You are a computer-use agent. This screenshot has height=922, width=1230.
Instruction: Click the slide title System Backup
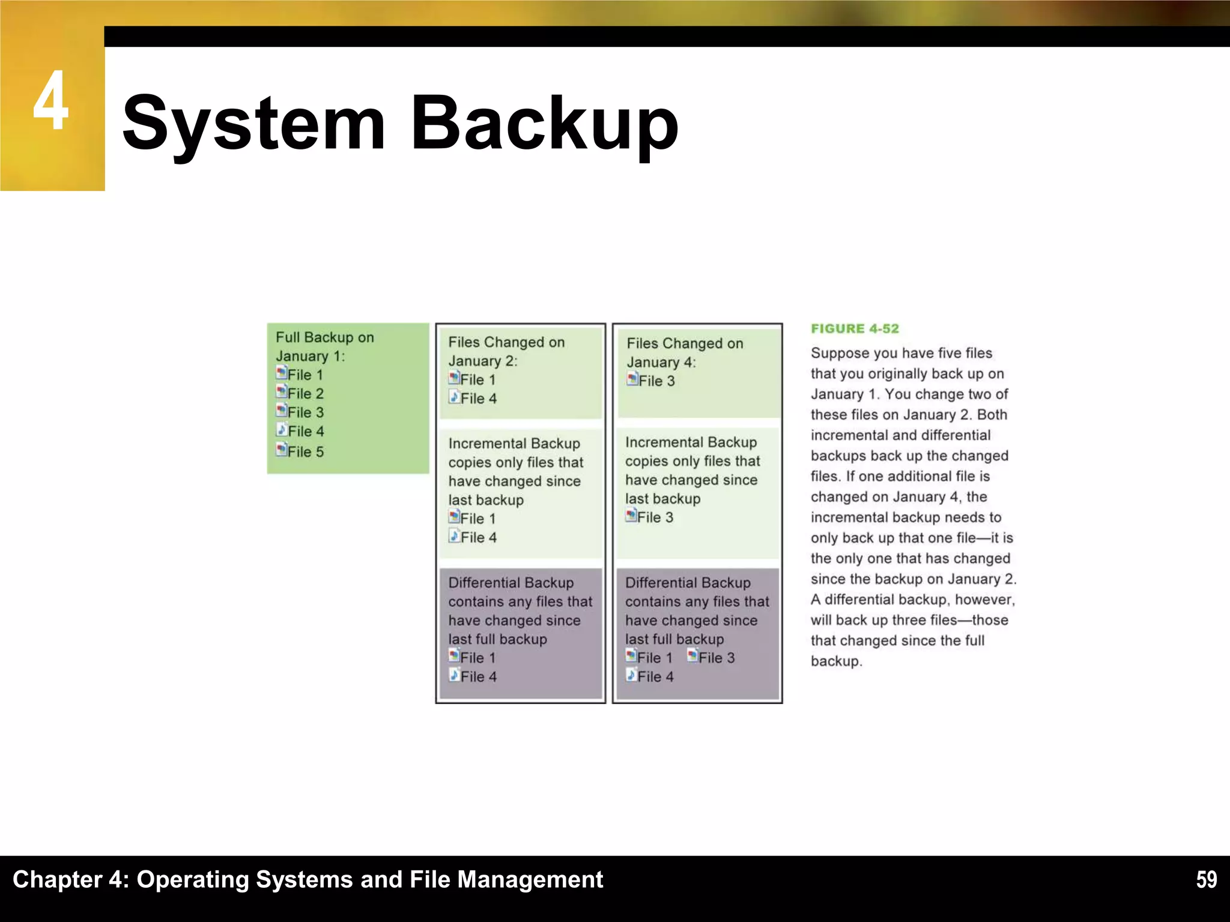pos(400,124)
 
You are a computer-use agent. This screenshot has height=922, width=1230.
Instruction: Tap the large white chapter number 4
pos(51,101)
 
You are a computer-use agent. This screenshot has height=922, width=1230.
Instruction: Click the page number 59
pos(1206,879)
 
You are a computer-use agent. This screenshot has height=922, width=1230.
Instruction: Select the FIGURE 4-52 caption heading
pos(855,328)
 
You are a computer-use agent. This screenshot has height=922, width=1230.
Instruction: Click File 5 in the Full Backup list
pos(305,451)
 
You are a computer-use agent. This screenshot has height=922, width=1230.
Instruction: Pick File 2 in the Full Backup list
pos(305,394)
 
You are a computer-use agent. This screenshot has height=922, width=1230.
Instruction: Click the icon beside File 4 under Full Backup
pos(281,430)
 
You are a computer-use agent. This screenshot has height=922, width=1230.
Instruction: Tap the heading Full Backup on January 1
pos(324,346)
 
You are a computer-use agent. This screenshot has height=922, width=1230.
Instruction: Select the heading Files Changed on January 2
pos(506,351)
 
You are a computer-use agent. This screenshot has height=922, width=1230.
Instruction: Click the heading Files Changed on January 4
pos(685,352)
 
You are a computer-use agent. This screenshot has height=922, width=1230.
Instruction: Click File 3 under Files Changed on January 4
pos(656,381)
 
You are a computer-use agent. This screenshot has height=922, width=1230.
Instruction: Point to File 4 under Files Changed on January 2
pos(478,399)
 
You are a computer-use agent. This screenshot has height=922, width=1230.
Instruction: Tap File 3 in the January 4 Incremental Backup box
pos(655,517)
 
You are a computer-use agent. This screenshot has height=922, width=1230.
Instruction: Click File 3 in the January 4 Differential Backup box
pos(716,658)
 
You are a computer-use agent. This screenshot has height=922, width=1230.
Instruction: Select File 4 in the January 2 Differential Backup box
pos(478,676)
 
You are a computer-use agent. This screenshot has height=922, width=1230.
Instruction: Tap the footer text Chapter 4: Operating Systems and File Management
pos(307,879)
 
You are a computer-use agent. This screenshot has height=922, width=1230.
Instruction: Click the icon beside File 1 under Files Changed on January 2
pos(454,379)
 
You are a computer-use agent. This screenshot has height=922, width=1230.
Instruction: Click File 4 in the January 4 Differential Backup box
pos(655,676)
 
